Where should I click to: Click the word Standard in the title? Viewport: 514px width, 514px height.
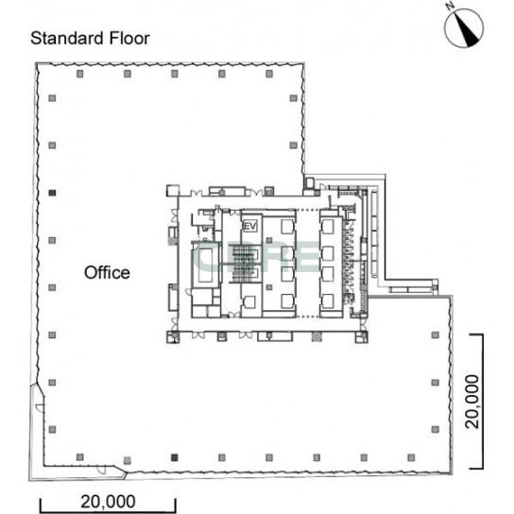(x=67, y=39)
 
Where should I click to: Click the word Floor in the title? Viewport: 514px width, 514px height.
(x=129, y=39)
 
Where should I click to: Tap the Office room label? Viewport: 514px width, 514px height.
(x=107, y=273)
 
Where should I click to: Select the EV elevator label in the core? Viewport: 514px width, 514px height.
(x=250, y=226)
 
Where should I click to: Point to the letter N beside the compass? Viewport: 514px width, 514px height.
(x=450, y=6)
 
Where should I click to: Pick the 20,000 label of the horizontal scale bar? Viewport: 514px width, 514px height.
(x=108, y=502)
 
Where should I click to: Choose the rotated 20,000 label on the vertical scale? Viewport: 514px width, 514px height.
(x=472, y=402)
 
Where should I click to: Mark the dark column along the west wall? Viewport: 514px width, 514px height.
(x=52, y=193)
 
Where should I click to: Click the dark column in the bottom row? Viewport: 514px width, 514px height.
(x=175, y=457)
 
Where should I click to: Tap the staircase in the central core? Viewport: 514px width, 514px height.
(x=243, y=263)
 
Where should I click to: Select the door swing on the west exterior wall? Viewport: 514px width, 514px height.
(x=40, y=408)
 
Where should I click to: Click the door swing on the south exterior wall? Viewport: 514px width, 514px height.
(x=102, y=471)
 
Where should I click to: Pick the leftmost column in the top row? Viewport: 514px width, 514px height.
(x=80, y=74)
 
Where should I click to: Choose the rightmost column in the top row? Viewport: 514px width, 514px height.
(x=269, y=74)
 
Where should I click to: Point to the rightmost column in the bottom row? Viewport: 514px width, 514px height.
(x=411, y=457)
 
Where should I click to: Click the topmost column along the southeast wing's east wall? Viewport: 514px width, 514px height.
(x=435, y=334)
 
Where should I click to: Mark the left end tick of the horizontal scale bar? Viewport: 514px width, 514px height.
(x=41, y=505)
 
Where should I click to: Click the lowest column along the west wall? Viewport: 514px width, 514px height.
(x=52, y=429)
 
